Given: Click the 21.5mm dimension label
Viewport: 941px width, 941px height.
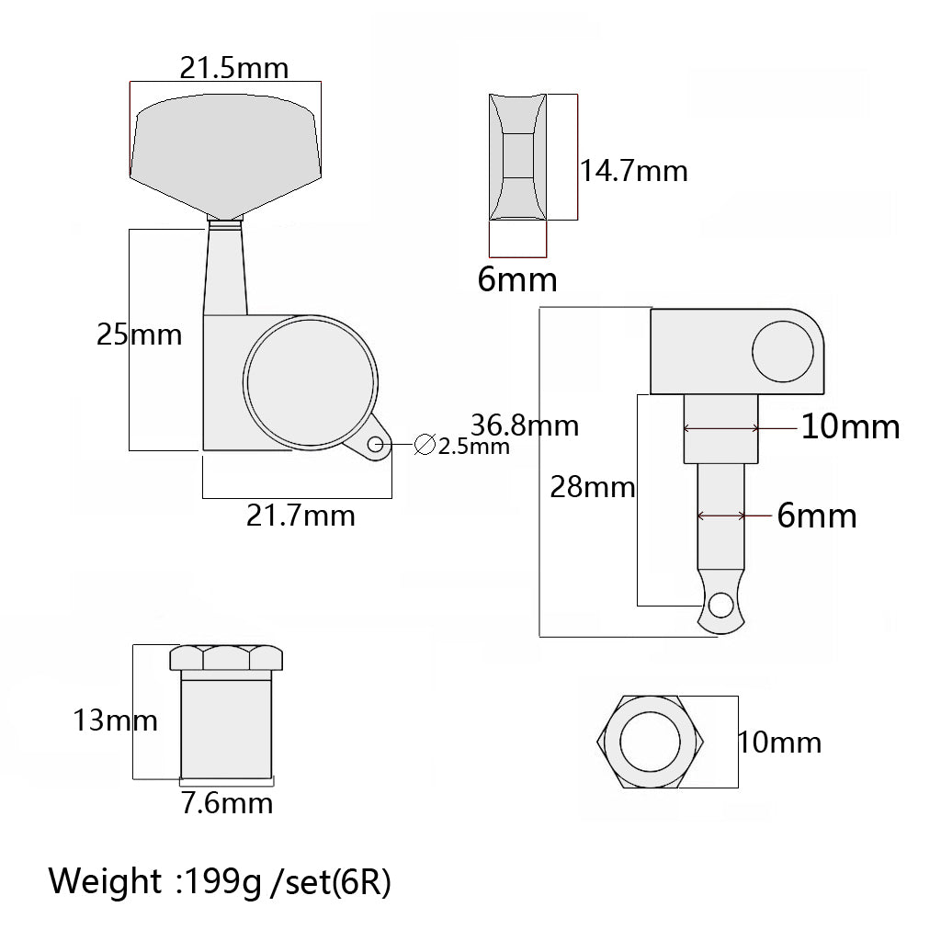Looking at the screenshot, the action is point(234,68).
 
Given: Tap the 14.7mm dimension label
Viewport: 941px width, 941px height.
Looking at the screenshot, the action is point(634,171).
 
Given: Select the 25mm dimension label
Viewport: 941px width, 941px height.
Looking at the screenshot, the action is point(140,334).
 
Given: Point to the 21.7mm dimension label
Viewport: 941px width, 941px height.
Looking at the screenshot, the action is point(300,516).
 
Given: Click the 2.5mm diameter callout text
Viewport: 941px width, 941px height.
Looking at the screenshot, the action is point(473,447).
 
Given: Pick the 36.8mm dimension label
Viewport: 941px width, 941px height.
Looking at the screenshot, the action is point(525,425).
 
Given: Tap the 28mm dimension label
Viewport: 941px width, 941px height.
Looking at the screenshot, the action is point(593,487).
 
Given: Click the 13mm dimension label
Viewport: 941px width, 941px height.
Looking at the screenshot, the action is point(115,720).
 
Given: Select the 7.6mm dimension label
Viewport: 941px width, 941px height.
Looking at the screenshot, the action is point(228,803).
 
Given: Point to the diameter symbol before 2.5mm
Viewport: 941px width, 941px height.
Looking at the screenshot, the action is point(425,445).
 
